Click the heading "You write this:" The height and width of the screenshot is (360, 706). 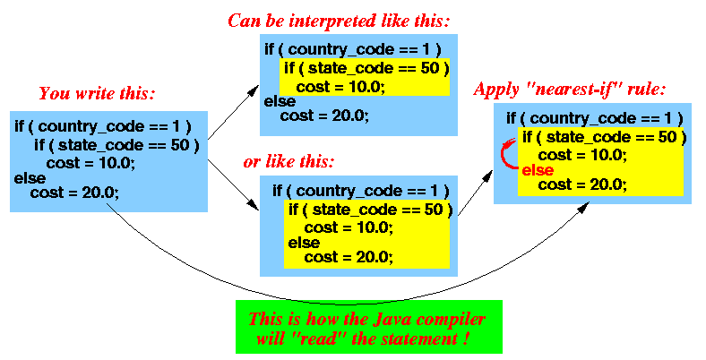(97, 94)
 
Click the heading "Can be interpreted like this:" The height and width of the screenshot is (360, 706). (339, 21)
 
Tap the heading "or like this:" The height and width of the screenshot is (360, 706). (288, 161)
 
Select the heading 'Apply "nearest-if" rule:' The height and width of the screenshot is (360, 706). (569, 90)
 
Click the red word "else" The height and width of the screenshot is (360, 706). (538, 170)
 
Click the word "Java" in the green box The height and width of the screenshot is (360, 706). (388, 319)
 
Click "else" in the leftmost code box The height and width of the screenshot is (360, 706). (30, 178)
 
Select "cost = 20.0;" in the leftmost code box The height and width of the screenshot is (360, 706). (74, 193)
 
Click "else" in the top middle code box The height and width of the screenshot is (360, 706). (280, 101)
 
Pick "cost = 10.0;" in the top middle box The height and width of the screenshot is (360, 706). (340, 87)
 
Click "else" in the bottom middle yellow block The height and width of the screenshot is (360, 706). (304, 243)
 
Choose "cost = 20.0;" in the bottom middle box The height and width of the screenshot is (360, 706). (349, 257)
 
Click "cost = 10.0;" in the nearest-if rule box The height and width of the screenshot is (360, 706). (582, 156)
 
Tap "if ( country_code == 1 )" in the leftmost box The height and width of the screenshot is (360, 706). (103, 126)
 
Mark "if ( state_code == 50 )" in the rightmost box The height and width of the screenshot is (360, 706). (604, 137)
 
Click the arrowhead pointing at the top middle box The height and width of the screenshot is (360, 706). (254, 90)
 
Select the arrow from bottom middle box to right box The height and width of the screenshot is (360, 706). (475, 193)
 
